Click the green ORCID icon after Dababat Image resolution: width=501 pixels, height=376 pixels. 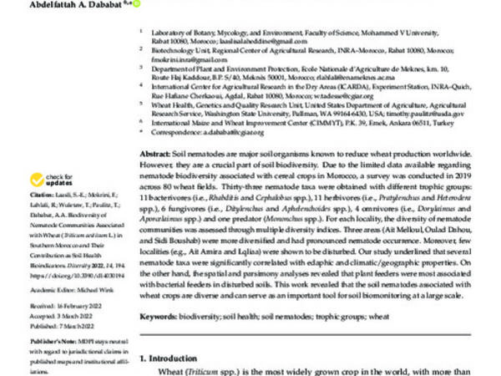coord(137,3)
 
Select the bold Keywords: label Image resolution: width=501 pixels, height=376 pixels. coord(161,318)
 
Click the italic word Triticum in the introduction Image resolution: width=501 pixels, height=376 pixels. coord(208,371)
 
